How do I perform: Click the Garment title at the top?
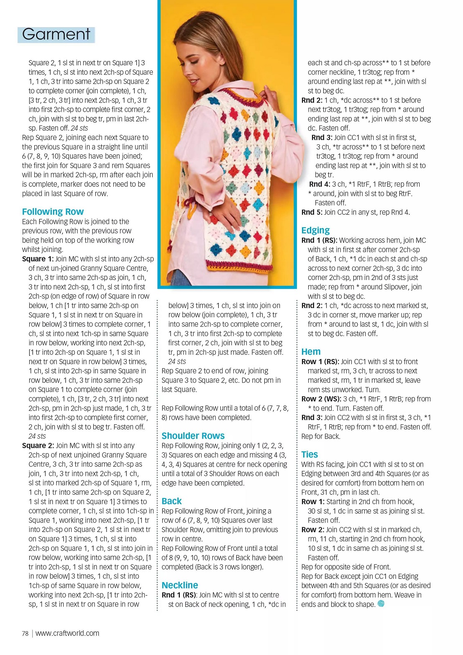[x=56, y=34]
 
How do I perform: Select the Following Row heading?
[x=53, y=212]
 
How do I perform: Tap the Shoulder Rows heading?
[x=193, y=436]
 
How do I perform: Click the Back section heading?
[x=171, y=501]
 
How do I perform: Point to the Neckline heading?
[x=180, y=585]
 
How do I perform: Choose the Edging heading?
[x=315, y=230]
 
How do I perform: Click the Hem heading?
[x=311, y=352]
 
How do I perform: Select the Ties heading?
[x=310, y=455]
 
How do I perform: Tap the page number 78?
[x=25, y=634]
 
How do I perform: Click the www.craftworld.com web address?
[x=67, y=633]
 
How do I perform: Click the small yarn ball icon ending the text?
[x=381, y=604]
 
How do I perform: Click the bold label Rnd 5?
[x=312, y=212]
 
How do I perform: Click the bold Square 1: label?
[x=38, y=259]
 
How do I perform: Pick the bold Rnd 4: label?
[x=320, y=184]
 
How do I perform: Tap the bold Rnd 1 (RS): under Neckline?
[x=179, y=595]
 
